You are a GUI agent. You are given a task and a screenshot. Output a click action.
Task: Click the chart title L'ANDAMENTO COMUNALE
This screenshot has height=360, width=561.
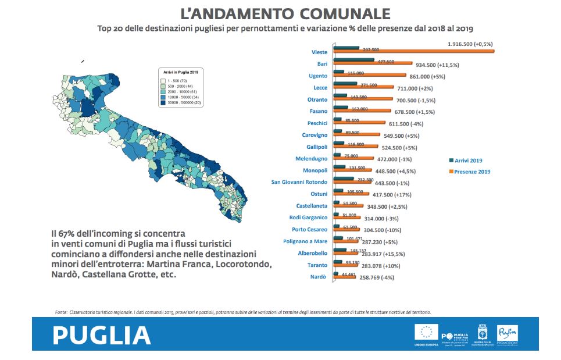click(284, 13)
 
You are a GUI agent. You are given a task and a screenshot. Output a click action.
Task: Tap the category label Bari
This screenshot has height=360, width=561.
click(322, 63)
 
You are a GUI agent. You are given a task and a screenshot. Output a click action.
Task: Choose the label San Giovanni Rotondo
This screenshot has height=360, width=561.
click(299, 182)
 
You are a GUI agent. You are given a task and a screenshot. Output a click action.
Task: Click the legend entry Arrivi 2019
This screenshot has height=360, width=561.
click(470, 161)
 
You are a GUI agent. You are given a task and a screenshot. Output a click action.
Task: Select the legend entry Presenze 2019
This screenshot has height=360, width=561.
click(471, 172)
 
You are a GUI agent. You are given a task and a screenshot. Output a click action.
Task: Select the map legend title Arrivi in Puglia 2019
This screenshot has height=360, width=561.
click(181, 72)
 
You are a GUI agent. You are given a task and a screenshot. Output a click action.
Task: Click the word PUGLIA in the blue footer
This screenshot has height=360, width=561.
click(102, 336)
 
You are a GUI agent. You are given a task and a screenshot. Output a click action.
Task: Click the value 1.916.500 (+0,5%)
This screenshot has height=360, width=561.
click(470, 44)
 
